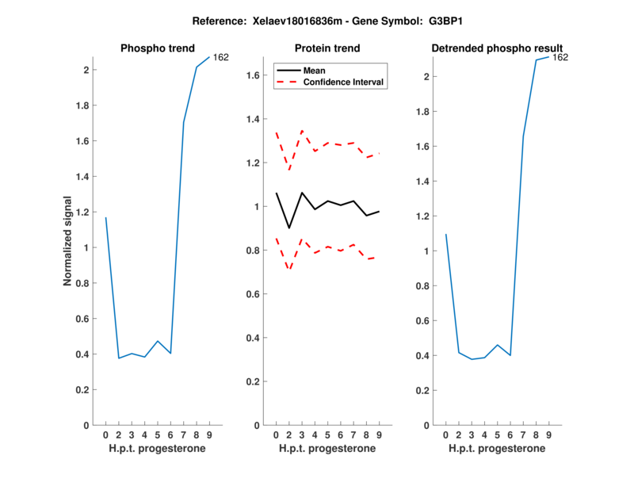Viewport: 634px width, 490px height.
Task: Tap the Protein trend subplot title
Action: pos(327,48)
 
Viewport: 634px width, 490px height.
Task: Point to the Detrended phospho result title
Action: pos(497,48)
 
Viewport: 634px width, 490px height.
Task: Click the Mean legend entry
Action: pos(315,70)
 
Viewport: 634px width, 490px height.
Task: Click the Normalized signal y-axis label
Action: pos(68,241)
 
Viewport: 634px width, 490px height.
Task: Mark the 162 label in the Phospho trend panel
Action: pos(221,57)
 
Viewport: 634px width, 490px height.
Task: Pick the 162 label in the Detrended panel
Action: pos(560,57)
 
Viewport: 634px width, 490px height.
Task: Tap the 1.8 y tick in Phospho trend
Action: pos(82,105)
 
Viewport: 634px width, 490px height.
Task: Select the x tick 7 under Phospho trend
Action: pos(184,434)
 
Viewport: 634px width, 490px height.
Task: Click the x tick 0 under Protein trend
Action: pos(276,434)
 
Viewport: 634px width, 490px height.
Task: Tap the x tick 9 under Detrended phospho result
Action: pos(548,434)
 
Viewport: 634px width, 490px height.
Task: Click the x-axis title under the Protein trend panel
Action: pos(327,449)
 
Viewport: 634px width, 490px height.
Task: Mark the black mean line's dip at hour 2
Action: pos(288,228)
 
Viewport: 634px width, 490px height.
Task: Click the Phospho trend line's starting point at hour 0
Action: pos(105,217)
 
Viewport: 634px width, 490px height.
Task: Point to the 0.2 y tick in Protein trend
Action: pos(252,382)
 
